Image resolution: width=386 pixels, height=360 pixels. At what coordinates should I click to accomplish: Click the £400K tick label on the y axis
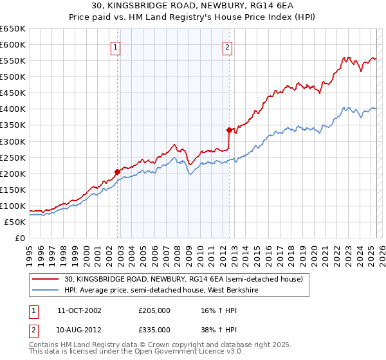pyautogui.click(x=14, y=109)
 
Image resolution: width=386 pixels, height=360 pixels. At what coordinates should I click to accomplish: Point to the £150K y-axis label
pyautogui.click(x=14, y=190)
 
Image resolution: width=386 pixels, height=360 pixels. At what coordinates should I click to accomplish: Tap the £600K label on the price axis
pyautogui.click(x=14, y=45)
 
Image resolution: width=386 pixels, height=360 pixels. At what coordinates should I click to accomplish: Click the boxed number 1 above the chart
pyautogui.click(x=115, y=46)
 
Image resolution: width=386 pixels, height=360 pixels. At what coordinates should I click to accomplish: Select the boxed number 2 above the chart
pyautogui.click(x=228, y=46)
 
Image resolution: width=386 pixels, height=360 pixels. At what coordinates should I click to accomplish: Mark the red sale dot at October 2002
pyautogui.click(x=118, y=172)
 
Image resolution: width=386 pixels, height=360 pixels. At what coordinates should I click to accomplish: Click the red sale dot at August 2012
pyautogui.click(x=229, y=130)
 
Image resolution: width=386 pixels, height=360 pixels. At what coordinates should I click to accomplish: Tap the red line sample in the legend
pyautogui.click(x=46, y=279)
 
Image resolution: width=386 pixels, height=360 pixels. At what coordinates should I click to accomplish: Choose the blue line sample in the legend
pyautogui.click(x=46, y=290)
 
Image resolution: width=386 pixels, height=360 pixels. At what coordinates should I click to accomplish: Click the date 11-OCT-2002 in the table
pyautogui.click(x=79, y=310)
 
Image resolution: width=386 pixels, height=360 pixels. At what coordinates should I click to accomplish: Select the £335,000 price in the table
pyautogui.click(x=154, y=329)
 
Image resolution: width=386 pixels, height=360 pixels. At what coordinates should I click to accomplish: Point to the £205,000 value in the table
pyautogui.click(x=154, y=310)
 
